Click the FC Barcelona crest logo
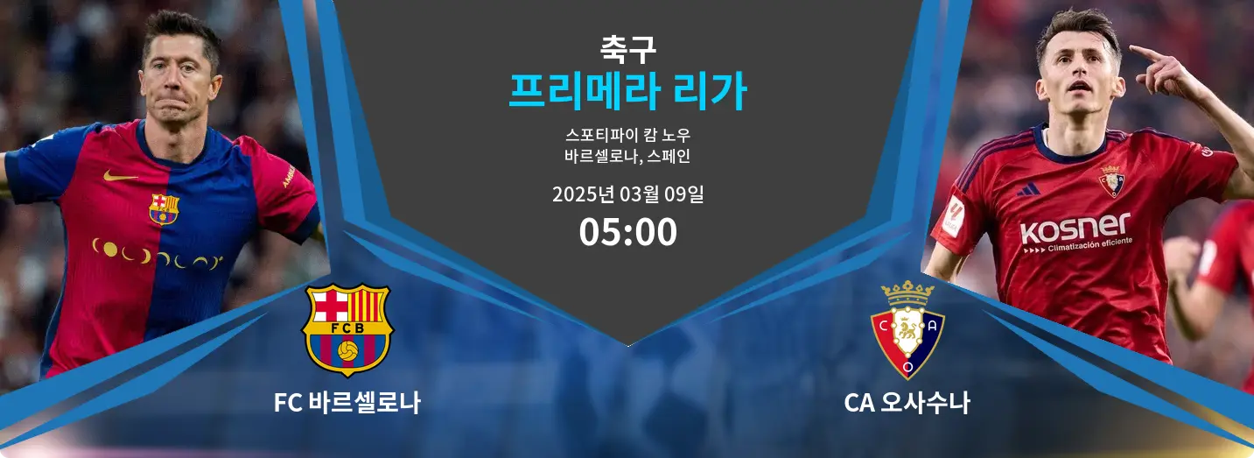tap(347, 330)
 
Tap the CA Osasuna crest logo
tap(907, 330)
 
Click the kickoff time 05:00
tap(627, 232)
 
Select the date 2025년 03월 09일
tap(627, 194)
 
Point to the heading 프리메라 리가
tap(627, 91)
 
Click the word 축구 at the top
tap(627, 49)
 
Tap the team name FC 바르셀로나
tap(347, 403)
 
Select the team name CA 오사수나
tap(907, 403)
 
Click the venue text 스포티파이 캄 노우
tap(627, 135)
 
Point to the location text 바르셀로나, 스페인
tap(627, 156)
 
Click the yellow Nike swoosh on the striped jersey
tap(119, 176)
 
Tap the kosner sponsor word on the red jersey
tap(1075, 228)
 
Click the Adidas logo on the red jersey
tap(1028, 189)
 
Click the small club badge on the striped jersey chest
tap(164, 208)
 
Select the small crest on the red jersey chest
tap(1111, 181)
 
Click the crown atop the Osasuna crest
tap(907, 292)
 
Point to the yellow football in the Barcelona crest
tap(347, 351)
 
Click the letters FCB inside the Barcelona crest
tap(347, 328)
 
